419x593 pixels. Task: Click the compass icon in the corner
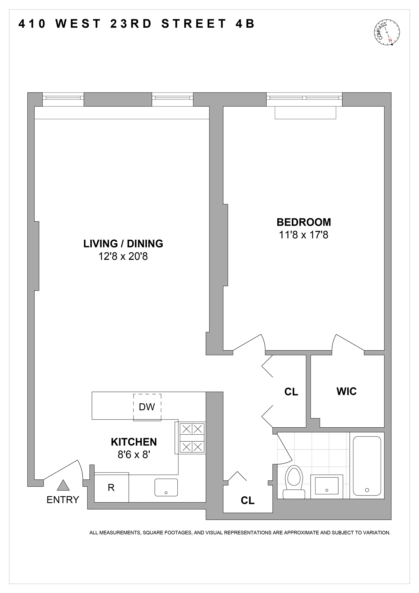(x=387, y=32)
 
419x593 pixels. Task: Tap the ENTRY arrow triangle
(x=63, y=485)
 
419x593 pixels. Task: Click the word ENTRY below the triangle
(x=63, y=500)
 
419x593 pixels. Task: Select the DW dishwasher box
(x=147, y=407)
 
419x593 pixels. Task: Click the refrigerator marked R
(x=111, y=487)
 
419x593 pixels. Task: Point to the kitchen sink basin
(x=166, y=487)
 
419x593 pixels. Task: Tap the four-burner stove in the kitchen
(x=192, y=438)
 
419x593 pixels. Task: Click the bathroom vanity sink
(x=327, y=486)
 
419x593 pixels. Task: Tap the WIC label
(x=346, y=391)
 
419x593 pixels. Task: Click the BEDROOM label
(x=304, y=222)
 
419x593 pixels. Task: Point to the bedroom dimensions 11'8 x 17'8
(x=304, y=235)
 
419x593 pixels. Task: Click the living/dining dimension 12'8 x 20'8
(x=123, y=256)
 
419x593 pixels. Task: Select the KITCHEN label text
(x=134, y=442)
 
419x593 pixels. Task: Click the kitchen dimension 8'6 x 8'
(x=134, y=455)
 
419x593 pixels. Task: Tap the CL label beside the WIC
(x=291, y=392)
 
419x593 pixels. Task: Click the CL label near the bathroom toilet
(x=247, y=500)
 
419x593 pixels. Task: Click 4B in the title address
(x=245, y=24)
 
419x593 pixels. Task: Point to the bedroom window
(x=304, y=98)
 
